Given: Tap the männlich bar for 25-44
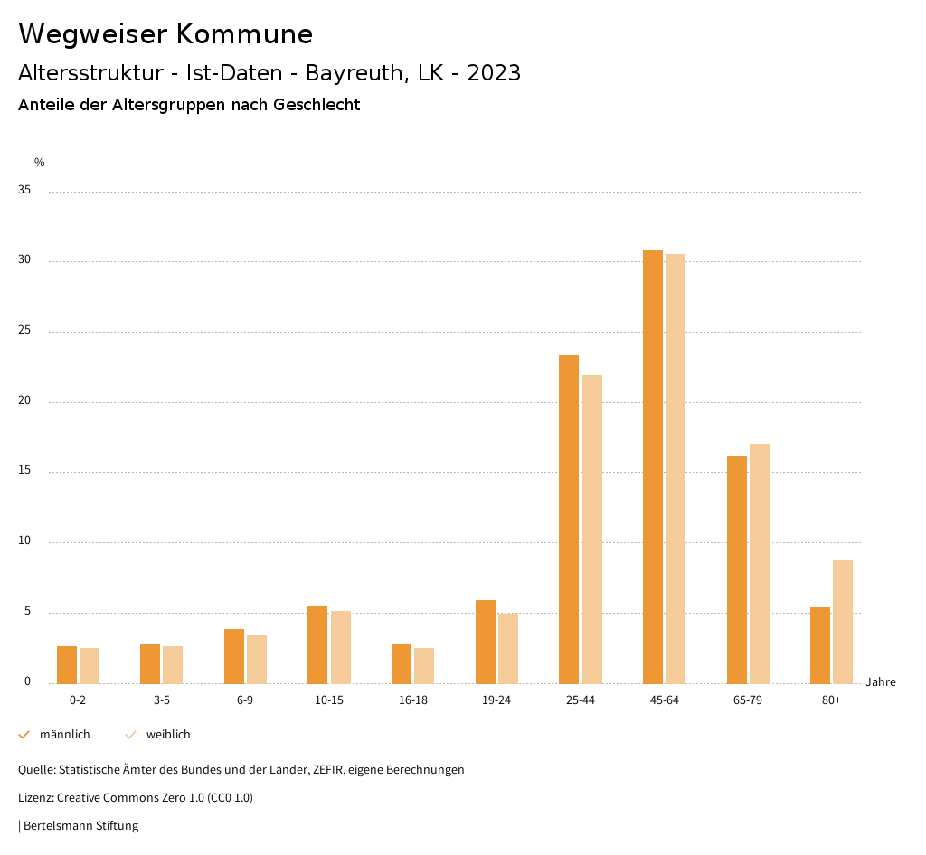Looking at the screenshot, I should (569, 519).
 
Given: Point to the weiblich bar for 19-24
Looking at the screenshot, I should (508, 648).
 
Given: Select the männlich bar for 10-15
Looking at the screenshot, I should (317, 644).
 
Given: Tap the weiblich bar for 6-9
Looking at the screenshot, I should (257, 659).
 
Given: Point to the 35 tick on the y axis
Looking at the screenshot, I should (24, 191).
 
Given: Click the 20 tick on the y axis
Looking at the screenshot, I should (24, 401).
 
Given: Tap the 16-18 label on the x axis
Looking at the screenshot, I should (413, 700).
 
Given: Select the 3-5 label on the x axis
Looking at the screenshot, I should (162, 700).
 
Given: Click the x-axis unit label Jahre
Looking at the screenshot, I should (881, 682).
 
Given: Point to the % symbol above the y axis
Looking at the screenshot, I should (40, 163).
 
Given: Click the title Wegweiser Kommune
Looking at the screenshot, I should (165, 34).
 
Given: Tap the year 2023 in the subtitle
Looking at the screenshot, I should (494, 73).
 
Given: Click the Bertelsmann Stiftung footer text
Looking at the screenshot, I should (80, 825).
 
